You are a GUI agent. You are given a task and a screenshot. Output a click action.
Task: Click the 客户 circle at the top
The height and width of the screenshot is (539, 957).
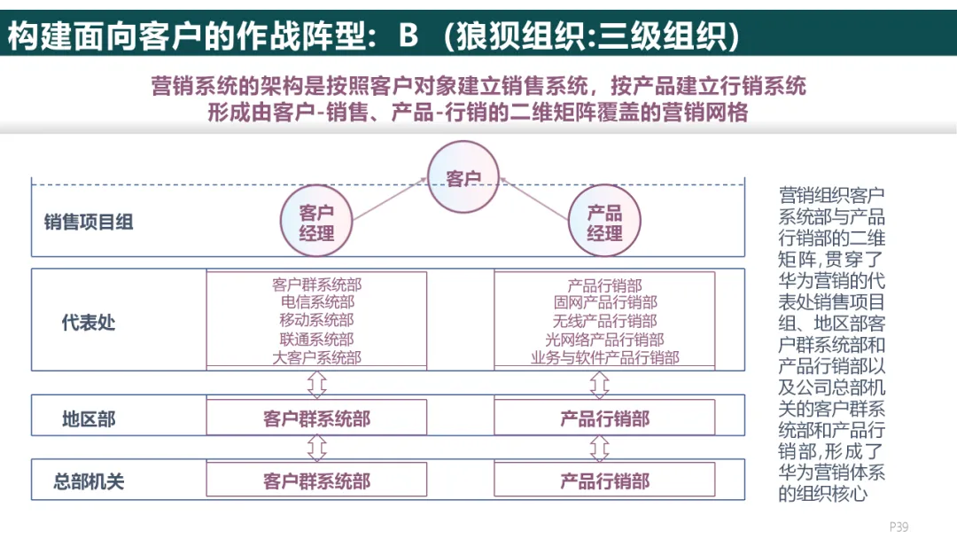[x=463, y=178]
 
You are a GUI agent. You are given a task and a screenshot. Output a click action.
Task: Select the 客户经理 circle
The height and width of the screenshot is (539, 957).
[x=316, y=223]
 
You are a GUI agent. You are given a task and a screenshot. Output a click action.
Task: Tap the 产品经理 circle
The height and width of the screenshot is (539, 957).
[x=604, y=223]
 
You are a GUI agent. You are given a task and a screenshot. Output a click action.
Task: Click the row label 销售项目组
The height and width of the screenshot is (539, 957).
[x=89, y=222]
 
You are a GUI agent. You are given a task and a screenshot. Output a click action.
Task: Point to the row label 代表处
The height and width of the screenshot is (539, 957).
[x=89, y=321]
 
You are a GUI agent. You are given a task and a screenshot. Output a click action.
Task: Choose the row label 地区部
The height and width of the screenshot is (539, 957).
[x=89, y=418]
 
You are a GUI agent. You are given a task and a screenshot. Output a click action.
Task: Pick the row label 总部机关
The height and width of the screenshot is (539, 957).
[x=89, y=481]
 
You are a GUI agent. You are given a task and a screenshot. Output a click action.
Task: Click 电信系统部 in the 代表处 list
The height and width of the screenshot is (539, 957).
[x=316, y=303]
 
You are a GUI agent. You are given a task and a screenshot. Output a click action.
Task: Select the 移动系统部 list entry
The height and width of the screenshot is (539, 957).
[x=316, y=321]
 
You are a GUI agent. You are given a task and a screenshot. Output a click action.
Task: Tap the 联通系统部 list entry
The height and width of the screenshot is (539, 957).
[x=316, y=340]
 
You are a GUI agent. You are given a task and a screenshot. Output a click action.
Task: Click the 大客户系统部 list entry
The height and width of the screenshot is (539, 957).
[x=316, y=358]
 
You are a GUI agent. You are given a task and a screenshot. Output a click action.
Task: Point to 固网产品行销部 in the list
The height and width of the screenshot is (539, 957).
[x=604, y=303]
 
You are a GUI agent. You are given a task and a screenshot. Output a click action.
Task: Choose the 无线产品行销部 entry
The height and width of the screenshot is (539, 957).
[x=604, y=321]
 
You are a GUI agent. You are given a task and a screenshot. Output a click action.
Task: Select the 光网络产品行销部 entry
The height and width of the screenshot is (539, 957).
[x=604, y=340]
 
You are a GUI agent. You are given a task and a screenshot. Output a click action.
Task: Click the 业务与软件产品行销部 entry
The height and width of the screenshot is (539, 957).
[x=604, y=358]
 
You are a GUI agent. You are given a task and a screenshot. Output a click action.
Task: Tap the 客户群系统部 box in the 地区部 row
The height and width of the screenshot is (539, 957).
[x=316, y=418]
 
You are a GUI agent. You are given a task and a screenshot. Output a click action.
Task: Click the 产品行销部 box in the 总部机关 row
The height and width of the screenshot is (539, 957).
[x=604, y=481]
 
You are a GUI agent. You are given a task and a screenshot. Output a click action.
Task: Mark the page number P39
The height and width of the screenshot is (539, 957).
[x=899, y=527]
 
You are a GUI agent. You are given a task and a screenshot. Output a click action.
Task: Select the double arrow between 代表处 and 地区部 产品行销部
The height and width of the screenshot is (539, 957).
[x=600, y=385]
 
